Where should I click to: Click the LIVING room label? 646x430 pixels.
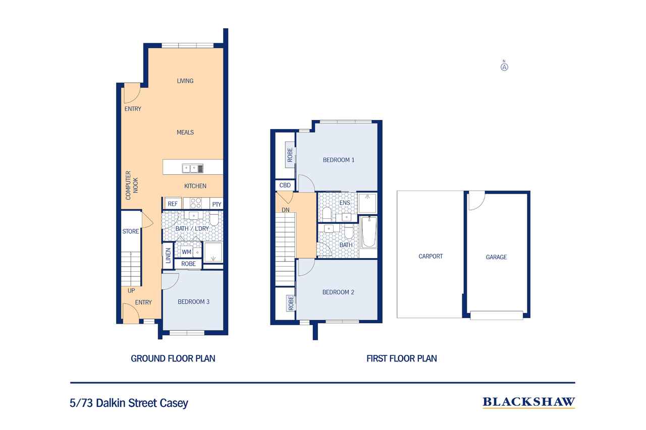coord(185,81)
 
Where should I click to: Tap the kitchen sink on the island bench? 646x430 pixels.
coord(193,168)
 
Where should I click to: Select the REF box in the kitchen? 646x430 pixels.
coord(173,204)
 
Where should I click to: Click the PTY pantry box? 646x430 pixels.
coord(217,204)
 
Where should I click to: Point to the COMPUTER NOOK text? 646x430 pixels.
coord(131,186)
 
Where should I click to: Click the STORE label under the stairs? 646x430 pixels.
coord(131,231)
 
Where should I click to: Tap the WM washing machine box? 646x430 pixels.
coord(186,251)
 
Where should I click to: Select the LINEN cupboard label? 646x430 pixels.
coord(168,256)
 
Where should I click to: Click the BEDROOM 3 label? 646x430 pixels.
coord(193,302)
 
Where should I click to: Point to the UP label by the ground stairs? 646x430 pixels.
coord(131,291)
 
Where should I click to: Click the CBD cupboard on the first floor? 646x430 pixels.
coord(285,186)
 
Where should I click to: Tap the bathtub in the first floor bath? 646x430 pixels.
coord(369,232)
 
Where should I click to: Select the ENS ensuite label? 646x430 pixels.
coord(344,203)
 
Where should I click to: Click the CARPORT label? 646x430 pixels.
coord(430,256)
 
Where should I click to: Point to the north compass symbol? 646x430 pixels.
coord(504,66)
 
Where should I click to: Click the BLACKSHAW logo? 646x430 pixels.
coord(528,402)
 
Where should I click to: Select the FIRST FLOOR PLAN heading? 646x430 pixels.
coord(401,358)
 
